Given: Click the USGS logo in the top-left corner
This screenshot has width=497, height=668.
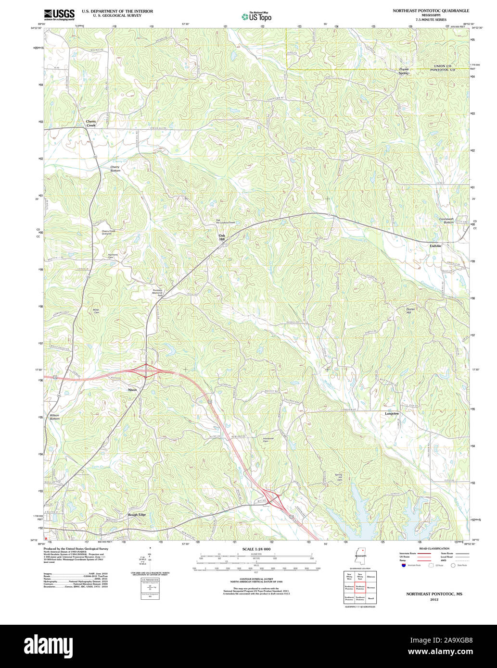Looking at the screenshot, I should click(x=59, y=14).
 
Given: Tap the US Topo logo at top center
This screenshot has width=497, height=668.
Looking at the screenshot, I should click(x=256, y=16).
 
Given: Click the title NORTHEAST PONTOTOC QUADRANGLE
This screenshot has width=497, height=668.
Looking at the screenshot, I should click(x=431, y=11).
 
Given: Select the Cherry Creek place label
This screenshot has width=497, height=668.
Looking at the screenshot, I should click(x=91, y=124).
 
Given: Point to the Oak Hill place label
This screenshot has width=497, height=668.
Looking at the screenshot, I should click(x=222, y=237).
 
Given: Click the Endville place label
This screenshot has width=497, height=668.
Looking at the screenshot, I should click(x=435, y=246).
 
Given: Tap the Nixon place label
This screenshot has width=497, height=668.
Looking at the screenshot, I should click(x=132, y=390).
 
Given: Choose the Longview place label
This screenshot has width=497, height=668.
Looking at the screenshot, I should click(x=392, y=413).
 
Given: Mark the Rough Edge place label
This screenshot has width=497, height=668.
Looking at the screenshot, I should click(x=137, y=515).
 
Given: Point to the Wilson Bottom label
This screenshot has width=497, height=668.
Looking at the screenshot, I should click(x=54, y=417).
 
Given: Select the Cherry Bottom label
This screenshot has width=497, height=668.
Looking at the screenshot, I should click(x=115, y=169).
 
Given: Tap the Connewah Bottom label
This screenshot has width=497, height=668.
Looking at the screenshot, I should click(x=446, y=221).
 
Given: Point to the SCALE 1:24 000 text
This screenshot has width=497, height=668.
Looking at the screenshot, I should click(x=256, y=549).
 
